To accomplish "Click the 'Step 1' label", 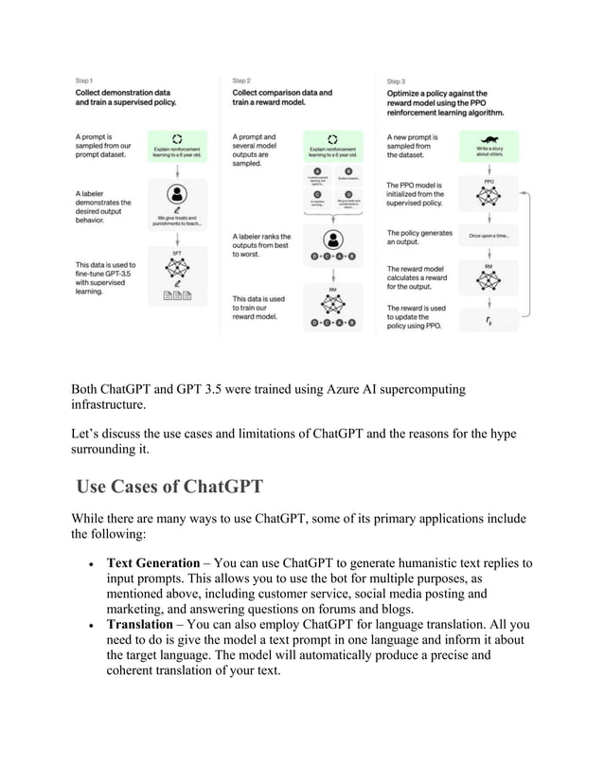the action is pyautogui.click(x=84, y=81).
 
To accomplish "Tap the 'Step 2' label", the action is pyautogui.click(x=241, y=81).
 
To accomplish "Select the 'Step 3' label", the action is pyautogui.click(x=396, y=81).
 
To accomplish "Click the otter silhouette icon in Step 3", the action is pyautogui.click(x=489, y=136).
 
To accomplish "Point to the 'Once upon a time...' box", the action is pyautogui.click(x=489, y=236).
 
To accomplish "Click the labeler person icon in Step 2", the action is pyautogui.click(x=331, y=239).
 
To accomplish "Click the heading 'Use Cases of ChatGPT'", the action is pyautogui.click(x=169, y=488).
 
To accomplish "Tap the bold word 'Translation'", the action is pyautogui.click(x=143, y=625).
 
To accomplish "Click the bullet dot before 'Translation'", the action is pyautogui.click(x=88, y=626).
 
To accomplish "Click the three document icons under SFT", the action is pyautogui.click(x=177, y=298).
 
